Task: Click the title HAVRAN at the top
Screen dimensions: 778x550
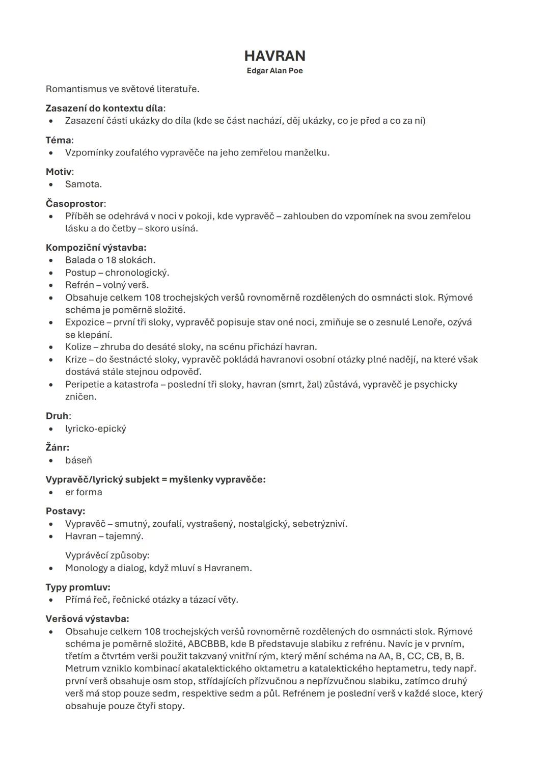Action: [274, 56]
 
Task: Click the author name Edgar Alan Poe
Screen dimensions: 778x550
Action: [274, 70]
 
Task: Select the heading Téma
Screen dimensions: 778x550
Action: [59, 140]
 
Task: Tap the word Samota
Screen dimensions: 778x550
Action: [83, 184]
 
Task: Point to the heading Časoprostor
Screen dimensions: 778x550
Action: [75, 204]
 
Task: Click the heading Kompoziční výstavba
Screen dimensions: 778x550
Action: [95, 248]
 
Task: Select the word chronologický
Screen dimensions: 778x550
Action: [136, 273]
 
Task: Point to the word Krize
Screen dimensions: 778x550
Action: [76, 360]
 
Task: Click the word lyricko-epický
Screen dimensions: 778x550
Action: [95, 428]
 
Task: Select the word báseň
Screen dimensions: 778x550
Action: [78, 461]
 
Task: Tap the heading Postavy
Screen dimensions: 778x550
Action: [65, 511]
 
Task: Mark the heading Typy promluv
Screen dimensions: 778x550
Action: [77, 587]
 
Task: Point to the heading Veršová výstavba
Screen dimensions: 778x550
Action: [87, 619]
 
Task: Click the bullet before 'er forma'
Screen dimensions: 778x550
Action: [51, 493]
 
